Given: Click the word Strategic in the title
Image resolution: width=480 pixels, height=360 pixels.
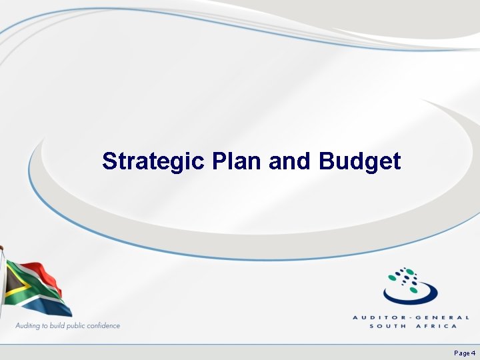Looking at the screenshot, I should pyautogui.click(x=154, y=161).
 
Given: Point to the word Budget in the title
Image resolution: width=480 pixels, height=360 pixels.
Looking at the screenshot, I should pyautogui.click(x=360, y=161).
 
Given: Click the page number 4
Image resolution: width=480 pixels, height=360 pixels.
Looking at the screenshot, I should pyautogui.click(x=473, y=353).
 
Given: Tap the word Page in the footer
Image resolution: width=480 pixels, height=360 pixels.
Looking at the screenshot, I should pyautogui.click(x=461, y=353).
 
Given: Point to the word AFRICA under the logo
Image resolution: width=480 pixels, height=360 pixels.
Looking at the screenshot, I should pyautogui.click(x=437, y=326).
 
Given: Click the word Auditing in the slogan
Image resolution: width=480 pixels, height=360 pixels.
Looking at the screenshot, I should pyautogui.click(x=30, y=326).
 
